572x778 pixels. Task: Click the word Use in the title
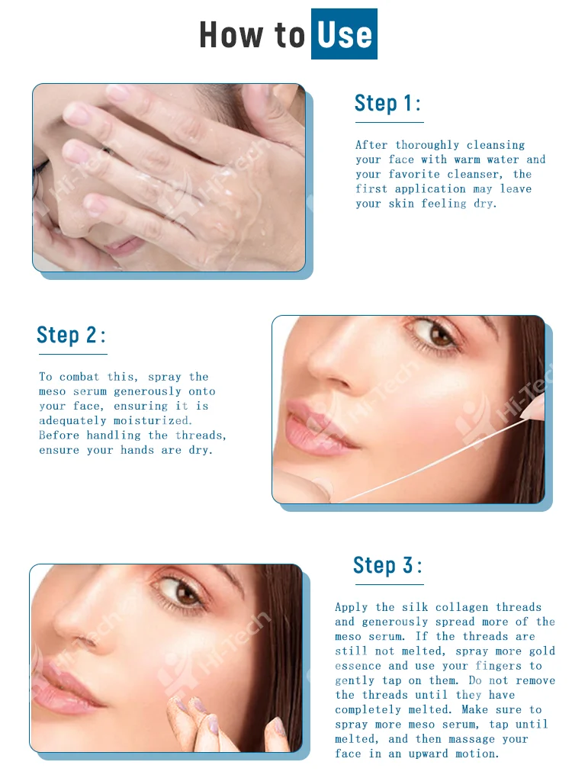click(x=344, y=34)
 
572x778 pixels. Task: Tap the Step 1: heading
click(x=388, y=103)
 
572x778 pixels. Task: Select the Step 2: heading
click(x=71, y=335)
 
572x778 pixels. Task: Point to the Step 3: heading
click(x=387, y=565)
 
